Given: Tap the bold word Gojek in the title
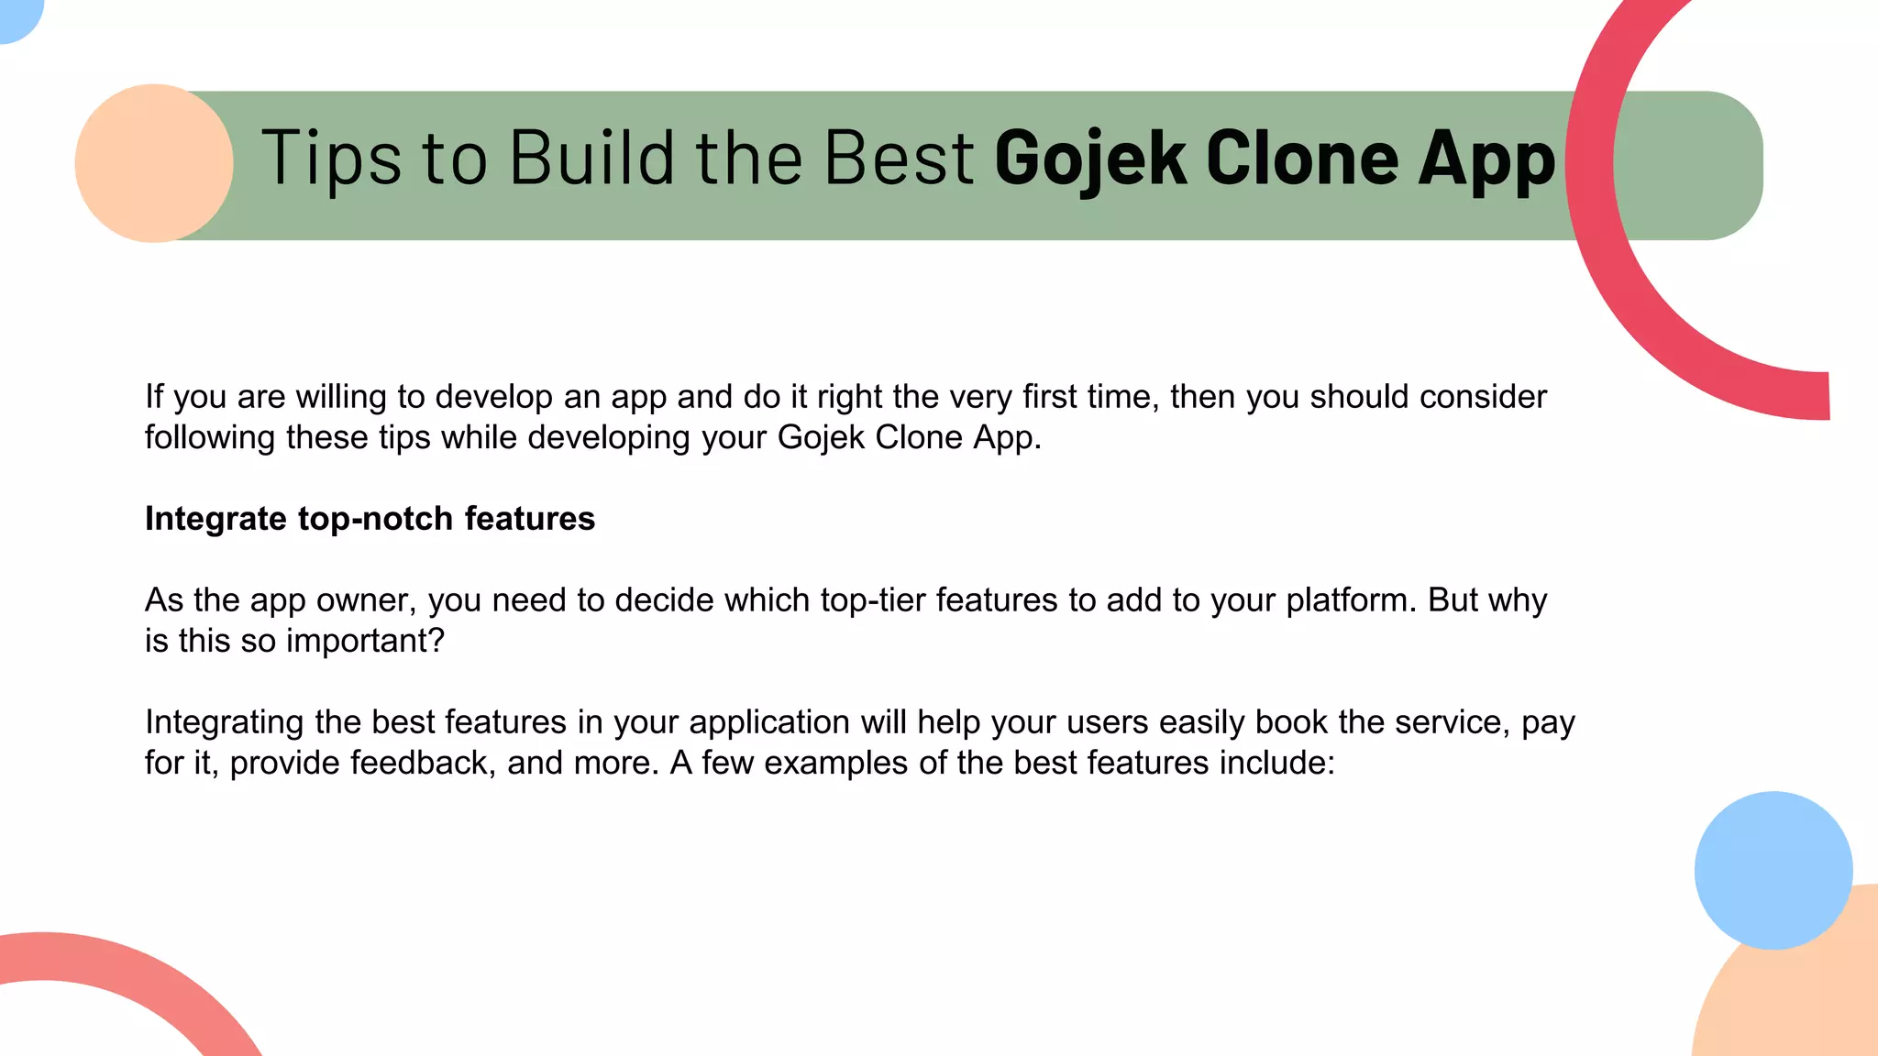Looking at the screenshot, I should tap(1090, 159).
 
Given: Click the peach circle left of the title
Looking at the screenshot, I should tap(154, 163).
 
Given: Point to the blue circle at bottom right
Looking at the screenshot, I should tap(1773, 870).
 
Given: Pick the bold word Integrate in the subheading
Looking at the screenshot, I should tap(215, 520).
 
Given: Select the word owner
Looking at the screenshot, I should tap(366, 600).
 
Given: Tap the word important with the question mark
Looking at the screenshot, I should tap(365, 641).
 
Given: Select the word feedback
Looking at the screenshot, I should tap(423, 763).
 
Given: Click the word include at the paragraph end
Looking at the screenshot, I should tap(1276, 763).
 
